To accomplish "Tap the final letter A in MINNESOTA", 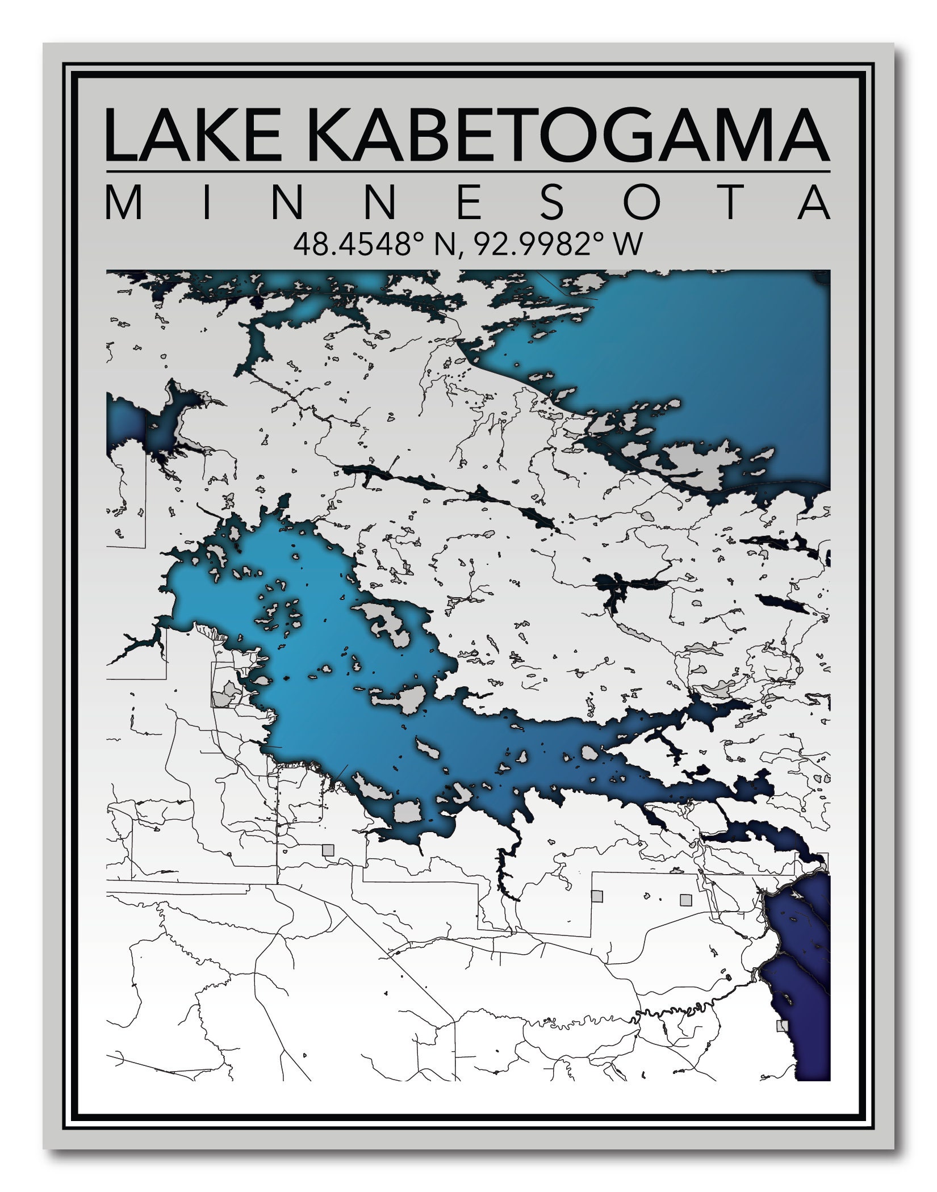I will coord(814,203).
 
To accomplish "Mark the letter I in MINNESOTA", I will coord(207,203).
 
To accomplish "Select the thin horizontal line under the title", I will coord(468,171).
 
